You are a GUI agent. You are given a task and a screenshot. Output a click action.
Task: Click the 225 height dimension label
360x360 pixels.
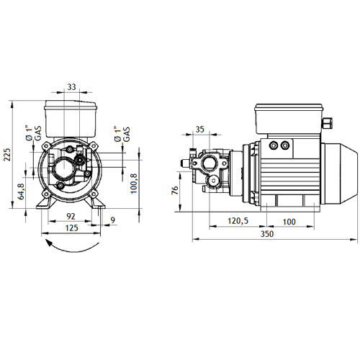click(x=7, y=155)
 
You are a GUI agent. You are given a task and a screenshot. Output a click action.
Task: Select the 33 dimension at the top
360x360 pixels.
click(x=71, y=86)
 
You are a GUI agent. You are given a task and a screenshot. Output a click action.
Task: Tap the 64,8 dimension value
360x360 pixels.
click(x=21, y=192)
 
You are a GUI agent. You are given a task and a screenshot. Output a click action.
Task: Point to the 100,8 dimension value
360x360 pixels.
click(x=134, y=184)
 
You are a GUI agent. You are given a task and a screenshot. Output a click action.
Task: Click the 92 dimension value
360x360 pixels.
click(x=71, y=216)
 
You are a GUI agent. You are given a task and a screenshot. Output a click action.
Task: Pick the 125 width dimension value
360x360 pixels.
click(x=71, y=228)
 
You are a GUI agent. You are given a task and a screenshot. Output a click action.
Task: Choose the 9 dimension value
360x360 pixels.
click(x=113, y=220)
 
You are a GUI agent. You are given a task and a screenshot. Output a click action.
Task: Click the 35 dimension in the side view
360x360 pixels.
click(x=199, y=129)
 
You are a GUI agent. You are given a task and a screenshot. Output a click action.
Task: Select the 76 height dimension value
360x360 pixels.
click(x=175, y=190)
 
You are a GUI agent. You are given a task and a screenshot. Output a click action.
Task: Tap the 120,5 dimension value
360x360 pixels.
click(x=238, y=220)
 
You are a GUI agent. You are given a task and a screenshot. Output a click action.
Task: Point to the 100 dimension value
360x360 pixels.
click(x=289, y=221)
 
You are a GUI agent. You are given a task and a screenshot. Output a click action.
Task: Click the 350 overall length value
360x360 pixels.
click(x=267, y=233)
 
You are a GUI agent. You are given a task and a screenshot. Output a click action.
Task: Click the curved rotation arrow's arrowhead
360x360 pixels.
click(x=49, y=244)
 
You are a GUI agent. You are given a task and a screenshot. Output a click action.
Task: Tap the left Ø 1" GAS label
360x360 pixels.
click(x=33, y=133)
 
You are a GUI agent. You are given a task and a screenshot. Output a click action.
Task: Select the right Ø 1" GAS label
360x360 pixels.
click(x=122, y=134)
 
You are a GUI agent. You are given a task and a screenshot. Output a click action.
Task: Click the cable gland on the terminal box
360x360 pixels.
click(x=328, y=122)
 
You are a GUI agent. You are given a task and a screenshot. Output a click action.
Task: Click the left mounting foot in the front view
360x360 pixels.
click(x=46, y=203)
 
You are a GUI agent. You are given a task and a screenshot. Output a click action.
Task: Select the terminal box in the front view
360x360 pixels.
click(x=71, y=119)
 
